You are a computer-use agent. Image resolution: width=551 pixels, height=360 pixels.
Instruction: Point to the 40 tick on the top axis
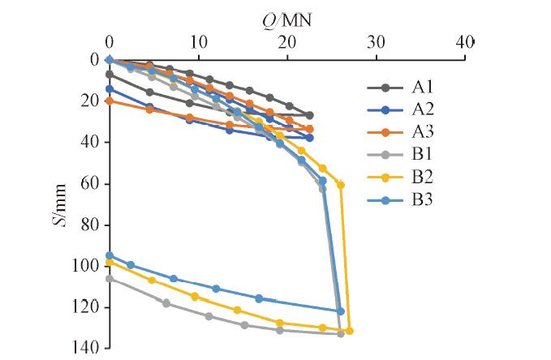click(463, 41)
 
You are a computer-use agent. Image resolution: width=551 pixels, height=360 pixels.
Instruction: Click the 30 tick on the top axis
click(375, 41)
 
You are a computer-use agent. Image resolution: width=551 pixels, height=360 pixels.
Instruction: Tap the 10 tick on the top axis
click(198, 41)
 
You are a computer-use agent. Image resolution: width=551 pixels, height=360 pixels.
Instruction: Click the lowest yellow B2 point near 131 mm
click(349, 331)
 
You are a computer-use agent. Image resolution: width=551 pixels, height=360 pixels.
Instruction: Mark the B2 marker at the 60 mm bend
click(341, 185)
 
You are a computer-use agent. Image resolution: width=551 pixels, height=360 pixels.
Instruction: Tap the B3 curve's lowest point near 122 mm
click(341, 311)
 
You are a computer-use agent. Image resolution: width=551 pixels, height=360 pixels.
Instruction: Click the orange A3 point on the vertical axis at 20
click(110, 101)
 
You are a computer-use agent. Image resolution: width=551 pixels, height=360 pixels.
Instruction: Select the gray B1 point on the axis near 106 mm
click(110, 278)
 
